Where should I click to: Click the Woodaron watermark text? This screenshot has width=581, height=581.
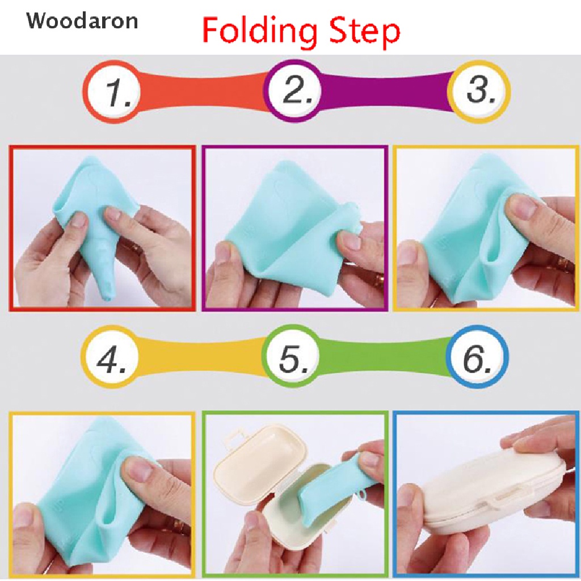[82, 21]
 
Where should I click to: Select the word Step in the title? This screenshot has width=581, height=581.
[363, 32]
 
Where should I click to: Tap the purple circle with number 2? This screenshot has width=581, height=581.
[294, 91]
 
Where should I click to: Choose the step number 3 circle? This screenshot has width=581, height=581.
[478, 91]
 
